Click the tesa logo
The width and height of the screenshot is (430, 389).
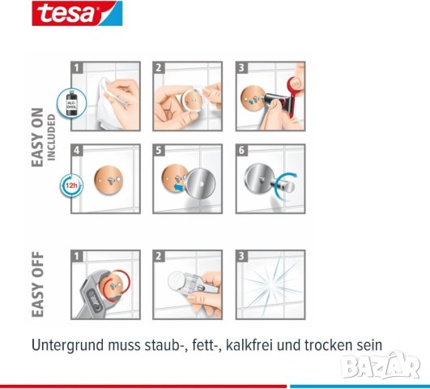pyautogui.click(x=66, y=14)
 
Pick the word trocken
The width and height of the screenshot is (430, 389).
pyautogui.click(x=331, y=344)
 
